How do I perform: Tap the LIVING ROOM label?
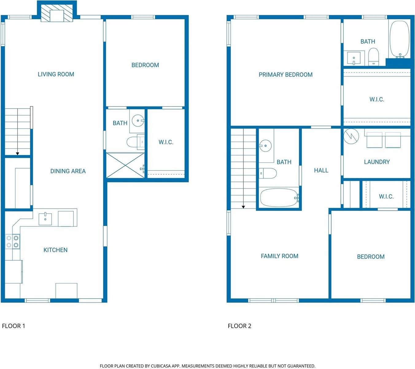click(56, 74)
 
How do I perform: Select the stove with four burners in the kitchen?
click(13, 241)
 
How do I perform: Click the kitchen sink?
click(45, 219)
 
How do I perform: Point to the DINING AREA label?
click(68, 171)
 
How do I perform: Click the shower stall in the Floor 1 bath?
click(125, 165)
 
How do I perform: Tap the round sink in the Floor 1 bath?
click(138, 120)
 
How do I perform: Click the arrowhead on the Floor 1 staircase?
click(17, 153)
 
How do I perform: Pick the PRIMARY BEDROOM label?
click(285, 75)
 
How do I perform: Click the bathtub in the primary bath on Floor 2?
click(399, 39)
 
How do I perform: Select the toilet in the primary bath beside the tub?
click(374, 57)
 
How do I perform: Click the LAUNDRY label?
click(377, 162)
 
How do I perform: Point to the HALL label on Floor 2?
click(321, 170)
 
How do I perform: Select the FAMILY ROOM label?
click(279, 256)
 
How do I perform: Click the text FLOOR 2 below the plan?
click(239, 326)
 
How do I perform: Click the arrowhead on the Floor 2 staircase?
click(243, 207)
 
